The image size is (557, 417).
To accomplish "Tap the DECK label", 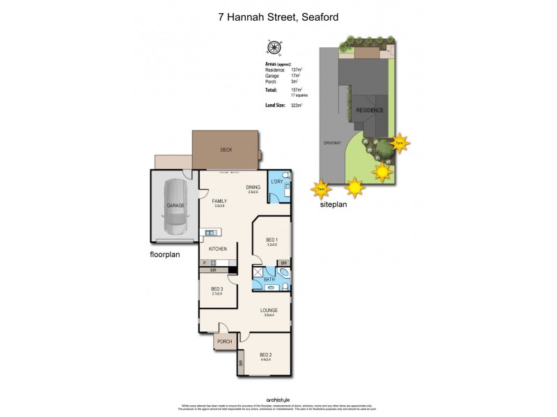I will click(x=226, y=149).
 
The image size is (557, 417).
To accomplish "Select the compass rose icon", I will click(x=274, y=48).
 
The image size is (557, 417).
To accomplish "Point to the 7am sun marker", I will click(x=320, y=188).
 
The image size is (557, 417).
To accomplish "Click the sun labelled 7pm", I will click(x=399, y=144).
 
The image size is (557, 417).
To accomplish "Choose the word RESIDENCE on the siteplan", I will click(x=370, y=111).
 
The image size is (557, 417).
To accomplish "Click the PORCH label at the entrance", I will click(x=224, y=341).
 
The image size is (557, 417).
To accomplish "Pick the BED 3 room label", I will click(x=217, y=288).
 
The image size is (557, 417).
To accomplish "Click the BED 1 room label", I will click(x=272, y=239).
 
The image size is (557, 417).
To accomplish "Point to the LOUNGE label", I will click(x=269, y=310).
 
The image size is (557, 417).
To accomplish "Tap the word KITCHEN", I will click(x=218, y=249).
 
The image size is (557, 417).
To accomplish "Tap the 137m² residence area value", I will click(x=296, y=70).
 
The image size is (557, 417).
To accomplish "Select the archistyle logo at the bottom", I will click(x=278, y=400).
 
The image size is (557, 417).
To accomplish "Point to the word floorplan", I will click(x=165, y=254).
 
